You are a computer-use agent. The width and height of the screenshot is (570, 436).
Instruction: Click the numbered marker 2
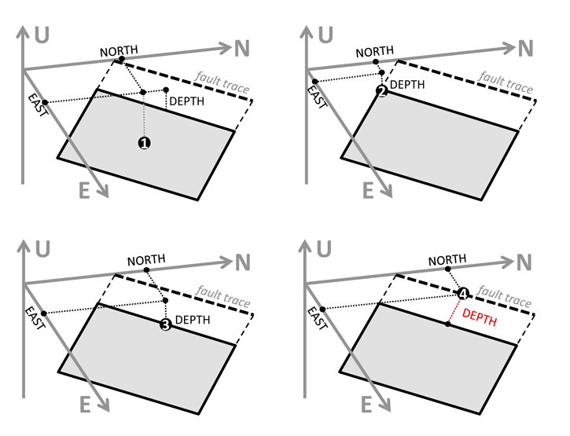click(x=382, y=91)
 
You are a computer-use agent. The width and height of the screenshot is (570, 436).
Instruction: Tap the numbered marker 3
click(x=165, y=325)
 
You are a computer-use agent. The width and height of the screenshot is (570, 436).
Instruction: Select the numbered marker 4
click(x=463, y=293)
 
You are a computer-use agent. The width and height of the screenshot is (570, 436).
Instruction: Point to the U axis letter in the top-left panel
click(x=42, y=35)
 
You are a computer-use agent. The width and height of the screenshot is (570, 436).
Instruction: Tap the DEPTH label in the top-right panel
click(x=408, y=84)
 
